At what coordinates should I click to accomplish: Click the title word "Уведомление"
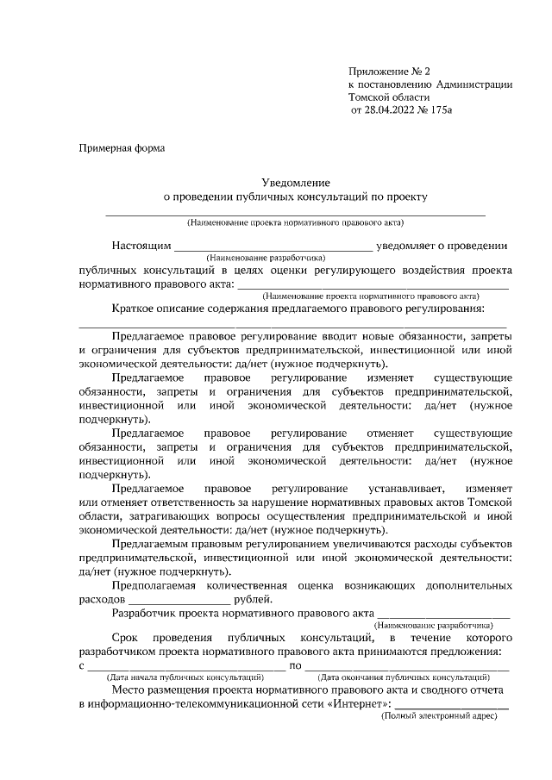click(296, 183)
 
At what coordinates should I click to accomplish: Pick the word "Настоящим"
click(141, 246)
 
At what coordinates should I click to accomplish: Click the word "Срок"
click(126, 636)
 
